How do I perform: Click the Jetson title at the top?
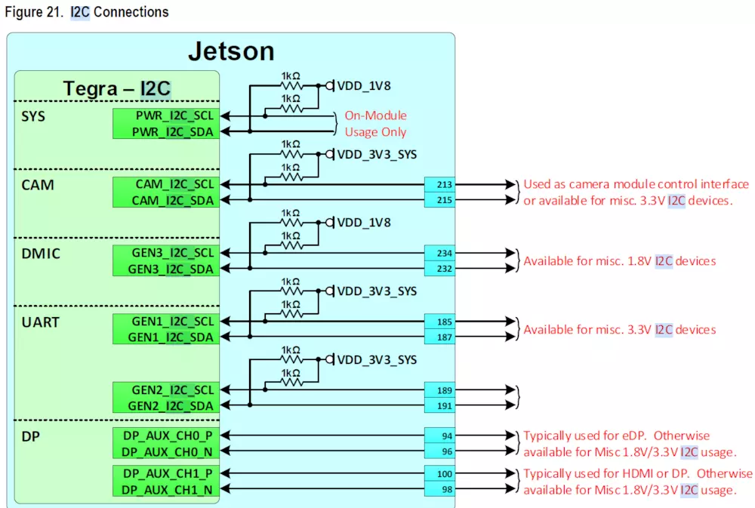(x=230, y=51)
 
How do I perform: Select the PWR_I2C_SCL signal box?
(x=165, y=116)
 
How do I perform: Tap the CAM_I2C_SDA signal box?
(x=165, y=200)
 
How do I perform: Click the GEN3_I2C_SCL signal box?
(x=165, y=253)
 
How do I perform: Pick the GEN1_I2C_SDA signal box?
(x=165, y=337)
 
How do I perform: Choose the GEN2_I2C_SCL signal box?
(x=165, y=390)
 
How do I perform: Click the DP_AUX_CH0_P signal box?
(x=165, y=435)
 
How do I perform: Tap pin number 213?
(x=444, y=184)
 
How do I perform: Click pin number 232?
(x=444, y=269)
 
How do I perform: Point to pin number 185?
(x=444, y=322)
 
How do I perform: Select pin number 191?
(x=444, y=406)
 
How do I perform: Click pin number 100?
(x=444, y=475)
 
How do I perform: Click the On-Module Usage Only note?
(x=375, y=124)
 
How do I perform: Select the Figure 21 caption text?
(x=87, y=12)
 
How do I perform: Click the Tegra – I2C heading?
(x=116, y=88)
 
